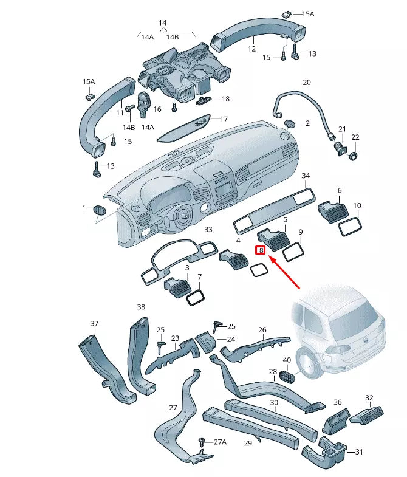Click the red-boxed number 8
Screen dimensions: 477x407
[x=261, y=250]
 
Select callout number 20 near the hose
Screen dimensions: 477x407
[x=306, y=82]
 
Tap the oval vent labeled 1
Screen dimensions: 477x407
[x=99, y=210]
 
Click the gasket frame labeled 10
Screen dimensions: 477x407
[x=349, y=227]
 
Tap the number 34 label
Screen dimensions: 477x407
[x=306, y=176]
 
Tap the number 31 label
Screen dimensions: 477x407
[x=359, y=451]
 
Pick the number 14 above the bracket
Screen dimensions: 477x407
[x=162, y=23]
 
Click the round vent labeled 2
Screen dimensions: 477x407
[x=290, y=123]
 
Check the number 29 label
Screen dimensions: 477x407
[x=248, y=444]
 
